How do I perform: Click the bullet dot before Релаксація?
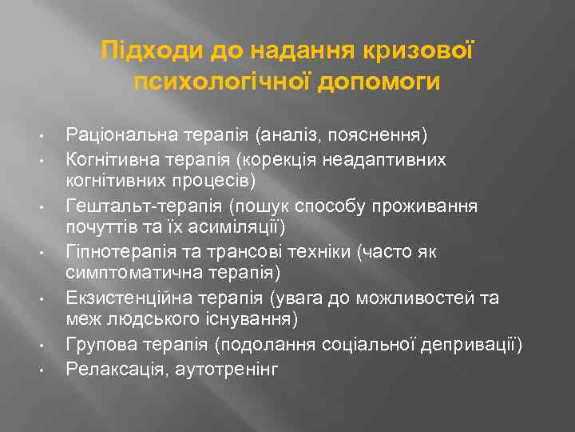point(39,370)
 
